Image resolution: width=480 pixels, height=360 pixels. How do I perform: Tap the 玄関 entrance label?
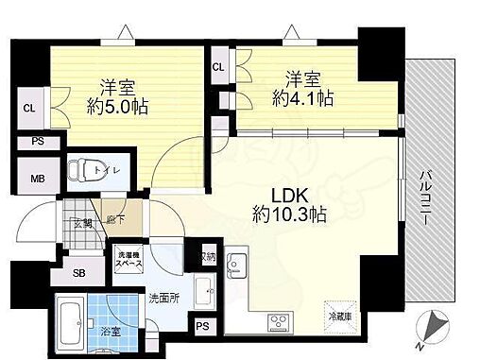[x=81, y=223]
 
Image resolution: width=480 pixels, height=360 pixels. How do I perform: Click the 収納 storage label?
[x=207, y=257]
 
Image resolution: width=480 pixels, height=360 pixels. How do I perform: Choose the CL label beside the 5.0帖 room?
[x=30, y=109]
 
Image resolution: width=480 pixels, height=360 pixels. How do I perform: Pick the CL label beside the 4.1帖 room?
[x=218, y=66]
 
